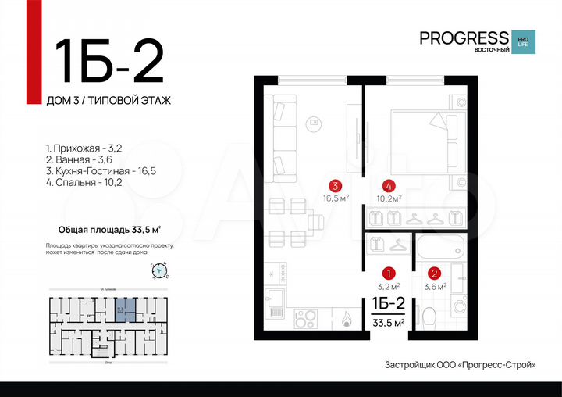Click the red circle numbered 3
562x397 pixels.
coord(335,186)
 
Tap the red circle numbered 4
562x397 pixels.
coord(389,186)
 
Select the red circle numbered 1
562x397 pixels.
coord(389,274)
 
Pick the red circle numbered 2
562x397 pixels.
coord(435,274)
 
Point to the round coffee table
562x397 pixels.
coord(315,122)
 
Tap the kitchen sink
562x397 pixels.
coord(276,301)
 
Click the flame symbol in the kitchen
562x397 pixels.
coord(344,319)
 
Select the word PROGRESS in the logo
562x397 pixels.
coord(464,38)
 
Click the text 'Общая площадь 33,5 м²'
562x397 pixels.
coord(110,230)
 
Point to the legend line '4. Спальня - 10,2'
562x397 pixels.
coord(84,182)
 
